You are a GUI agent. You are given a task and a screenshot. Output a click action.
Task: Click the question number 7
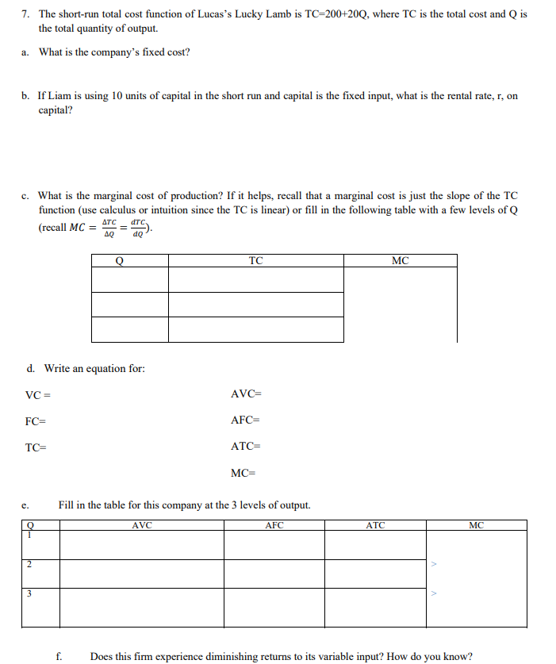(x=25, y=14)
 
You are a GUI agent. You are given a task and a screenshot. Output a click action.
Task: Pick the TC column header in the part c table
(x=255, y=260)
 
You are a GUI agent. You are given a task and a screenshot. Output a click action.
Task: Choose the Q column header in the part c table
(x=119, y=260)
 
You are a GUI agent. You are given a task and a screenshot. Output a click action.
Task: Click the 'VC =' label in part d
(x=39, y=395)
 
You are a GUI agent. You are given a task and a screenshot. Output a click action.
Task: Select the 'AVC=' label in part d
(x=245, y=395)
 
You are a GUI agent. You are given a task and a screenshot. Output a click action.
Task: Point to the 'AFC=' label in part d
(x=245, y=421)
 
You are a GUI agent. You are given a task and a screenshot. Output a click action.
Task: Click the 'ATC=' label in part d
(x=245, y=447)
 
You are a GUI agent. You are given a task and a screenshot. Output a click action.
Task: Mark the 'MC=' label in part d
(x=243, y=474)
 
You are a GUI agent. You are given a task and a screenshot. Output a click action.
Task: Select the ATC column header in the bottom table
(x=375, y=524)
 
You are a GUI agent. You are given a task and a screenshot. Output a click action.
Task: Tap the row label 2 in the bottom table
(x=29, y=565)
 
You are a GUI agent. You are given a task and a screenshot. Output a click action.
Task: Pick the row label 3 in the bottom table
(x=29, y=593)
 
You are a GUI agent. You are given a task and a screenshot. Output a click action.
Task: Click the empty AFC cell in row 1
(x=274, y=545)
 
